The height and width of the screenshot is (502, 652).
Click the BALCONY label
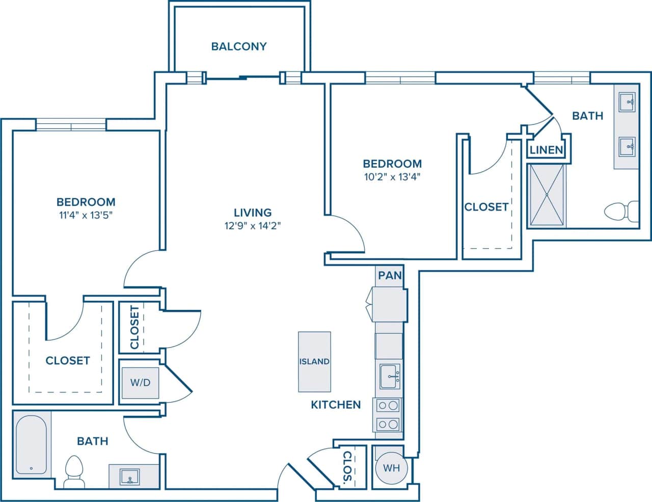click(x=239, y=46)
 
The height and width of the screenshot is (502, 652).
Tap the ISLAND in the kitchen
click(x=314, y=361)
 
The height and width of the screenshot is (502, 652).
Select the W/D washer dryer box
click(x=140, y=382)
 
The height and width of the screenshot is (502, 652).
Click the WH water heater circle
click(x=391, y=467)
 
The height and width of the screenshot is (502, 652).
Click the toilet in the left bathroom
click(x=74, y=471)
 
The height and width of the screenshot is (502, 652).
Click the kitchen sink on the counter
click(x=390, y=376)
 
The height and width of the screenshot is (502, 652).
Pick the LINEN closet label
click(x=546, y=150)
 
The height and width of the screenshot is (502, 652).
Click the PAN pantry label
click(x=390, y=275)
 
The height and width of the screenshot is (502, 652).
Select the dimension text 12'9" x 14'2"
click(x=253, y=226)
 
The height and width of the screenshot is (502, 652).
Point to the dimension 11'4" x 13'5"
click(x=86, y=215)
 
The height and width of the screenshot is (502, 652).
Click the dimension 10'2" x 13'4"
click(x=392, y=177)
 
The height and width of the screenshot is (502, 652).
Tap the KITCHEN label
click(x=336, y=405)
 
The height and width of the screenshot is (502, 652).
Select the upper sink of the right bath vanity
click(x=627, y=102)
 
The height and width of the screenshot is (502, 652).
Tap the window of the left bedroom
click(x=71, y=124)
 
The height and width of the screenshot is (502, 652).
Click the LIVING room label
click(x=253, y=213)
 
